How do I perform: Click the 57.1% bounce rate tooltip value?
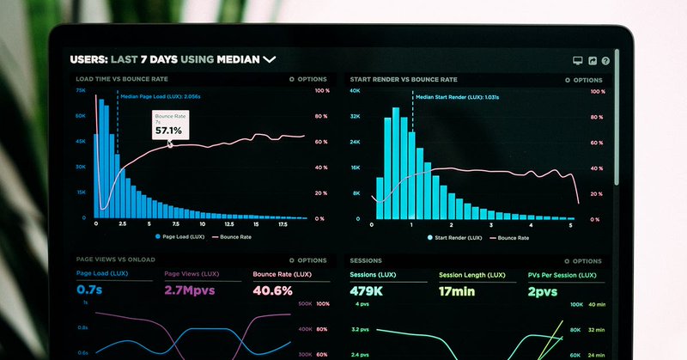168,130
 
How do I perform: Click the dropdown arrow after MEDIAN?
269,60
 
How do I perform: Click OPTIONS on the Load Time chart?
308,79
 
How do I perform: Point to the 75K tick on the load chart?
80,90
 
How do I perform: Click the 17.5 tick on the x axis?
283,223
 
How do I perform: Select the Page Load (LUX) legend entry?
180,236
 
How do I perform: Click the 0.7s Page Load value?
89,290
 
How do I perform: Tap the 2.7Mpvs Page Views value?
192,290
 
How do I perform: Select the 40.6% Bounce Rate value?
273,290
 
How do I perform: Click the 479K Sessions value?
367,290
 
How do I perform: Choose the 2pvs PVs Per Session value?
543,290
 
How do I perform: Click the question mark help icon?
605,61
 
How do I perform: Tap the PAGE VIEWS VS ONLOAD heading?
116,260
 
